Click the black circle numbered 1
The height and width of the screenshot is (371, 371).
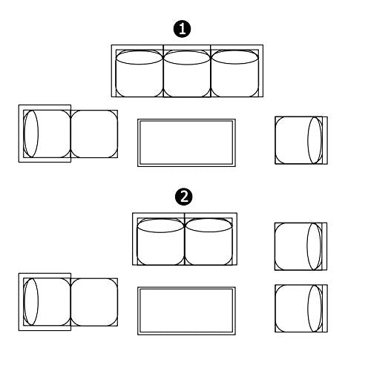click(x=183, y=29)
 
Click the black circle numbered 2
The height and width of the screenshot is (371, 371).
click(x=184, y=197)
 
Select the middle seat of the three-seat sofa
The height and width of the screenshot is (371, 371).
click(x=187, y=73)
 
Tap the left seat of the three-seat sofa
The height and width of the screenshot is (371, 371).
click(x=139, y=73)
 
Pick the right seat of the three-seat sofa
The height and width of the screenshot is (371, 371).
click(x=234, y=73)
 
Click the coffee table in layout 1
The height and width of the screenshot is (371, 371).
click(x=186, y=142)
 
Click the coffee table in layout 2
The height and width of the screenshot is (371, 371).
click(x=186, y=311)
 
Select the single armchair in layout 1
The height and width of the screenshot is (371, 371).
click(x=301, y=140)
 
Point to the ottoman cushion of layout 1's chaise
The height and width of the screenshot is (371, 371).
click(x=94, y=134)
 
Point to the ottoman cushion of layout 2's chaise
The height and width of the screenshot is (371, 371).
click(x=94, y=302)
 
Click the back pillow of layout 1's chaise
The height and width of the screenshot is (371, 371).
click(x=31, y=134)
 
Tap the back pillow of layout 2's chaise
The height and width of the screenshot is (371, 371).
click(x=31, y=302)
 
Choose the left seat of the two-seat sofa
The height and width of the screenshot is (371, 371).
click(x=160, y=241)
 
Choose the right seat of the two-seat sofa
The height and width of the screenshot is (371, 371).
click(x=209, y=241)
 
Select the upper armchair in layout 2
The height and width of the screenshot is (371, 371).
click(x=301, y=246)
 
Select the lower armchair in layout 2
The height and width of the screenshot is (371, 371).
click(x=301, y=309)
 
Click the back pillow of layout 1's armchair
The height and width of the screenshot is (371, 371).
click(x=315, y=140)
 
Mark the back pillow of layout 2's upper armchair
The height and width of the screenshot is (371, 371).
click(x=314, y=246)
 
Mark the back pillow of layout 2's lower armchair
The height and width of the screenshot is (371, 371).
click(x=315, y=309)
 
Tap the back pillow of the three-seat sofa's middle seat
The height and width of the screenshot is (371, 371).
click(x=187, y=58)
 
